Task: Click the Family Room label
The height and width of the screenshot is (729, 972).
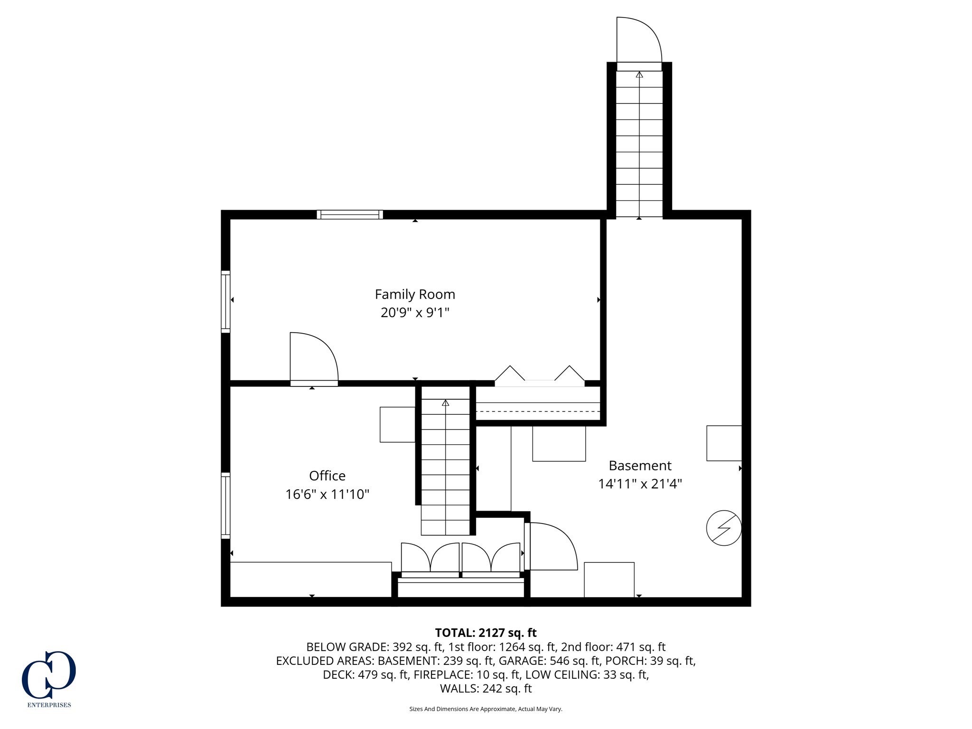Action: [x=415, y=294]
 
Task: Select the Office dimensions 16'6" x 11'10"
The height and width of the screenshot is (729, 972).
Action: [x=327, y=495]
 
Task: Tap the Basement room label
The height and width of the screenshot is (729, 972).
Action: [x=640, y=466]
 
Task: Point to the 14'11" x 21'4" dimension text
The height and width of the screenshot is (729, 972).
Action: [x=640, y=484]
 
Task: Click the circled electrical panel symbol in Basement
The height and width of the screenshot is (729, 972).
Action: [x=724, y=528]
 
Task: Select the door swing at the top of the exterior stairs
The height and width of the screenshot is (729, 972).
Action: [x=638, y=40]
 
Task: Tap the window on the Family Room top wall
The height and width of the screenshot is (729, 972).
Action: [x=350, y=215]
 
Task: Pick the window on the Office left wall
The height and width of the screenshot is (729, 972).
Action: [x=225, y=505]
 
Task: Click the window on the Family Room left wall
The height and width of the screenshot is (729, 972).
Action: [x=225, y=301]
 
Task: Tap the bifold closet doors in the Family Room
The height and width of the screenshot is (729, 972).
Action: [x=540, y=375]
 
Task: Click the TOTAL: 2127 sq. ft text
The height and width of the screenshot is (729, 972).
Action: [x=486, y=633]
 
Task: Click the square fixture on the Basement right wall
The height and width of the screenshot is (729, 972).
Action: [x=724, y=443]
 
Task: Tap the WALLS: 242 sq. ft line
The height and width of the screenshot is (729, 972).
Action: [x=486, y=688]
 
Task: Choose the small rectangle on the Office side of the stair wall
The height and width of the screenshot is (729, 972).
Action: [x=397, y=424]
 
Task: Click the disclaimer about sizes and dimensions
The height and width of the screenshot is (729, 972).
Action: [x=486, y=709]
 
